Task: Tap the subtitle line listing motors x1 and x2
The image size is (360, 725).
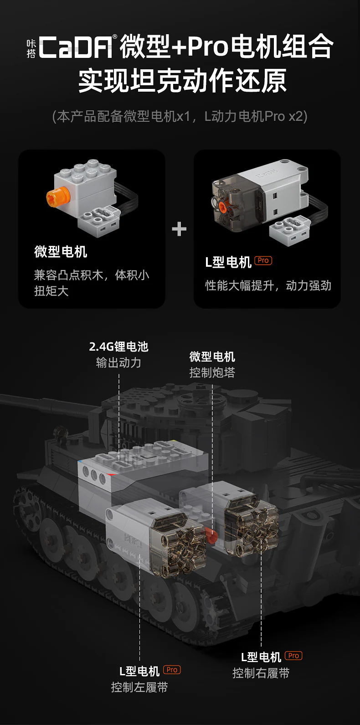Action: click(180, 117)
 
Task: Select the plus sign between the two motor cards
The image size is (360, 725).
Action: click(179, 229)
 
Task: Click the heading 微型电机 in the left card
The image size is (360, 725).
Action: click(61, 252)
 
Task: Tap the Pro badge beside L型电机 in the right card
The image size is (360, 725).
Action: click(263, 261)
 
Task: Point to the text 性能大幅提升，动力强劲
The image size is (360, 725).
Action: click(268, 286)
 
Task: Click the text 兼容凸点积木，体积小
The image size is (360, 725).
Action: click(92, 275)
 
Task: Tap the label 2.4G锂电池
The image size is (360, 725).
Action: click(118, 347)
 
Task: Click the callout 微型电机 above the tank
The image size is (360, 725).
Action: click(212, 357)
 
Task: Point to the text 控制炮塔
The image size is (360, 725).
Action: click(212, 373)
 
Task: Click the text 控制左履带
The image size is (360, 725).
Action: click(139, 687)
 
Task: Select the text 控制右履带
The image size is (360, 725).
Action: click(261, 673)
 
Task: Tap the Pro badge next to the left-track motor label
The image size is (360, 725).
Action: click(172, 670)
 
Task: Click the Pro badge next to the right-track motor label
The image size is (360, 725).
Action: click(293, 656)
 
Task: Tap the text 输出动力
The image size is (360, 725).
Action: click(118, 362)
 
